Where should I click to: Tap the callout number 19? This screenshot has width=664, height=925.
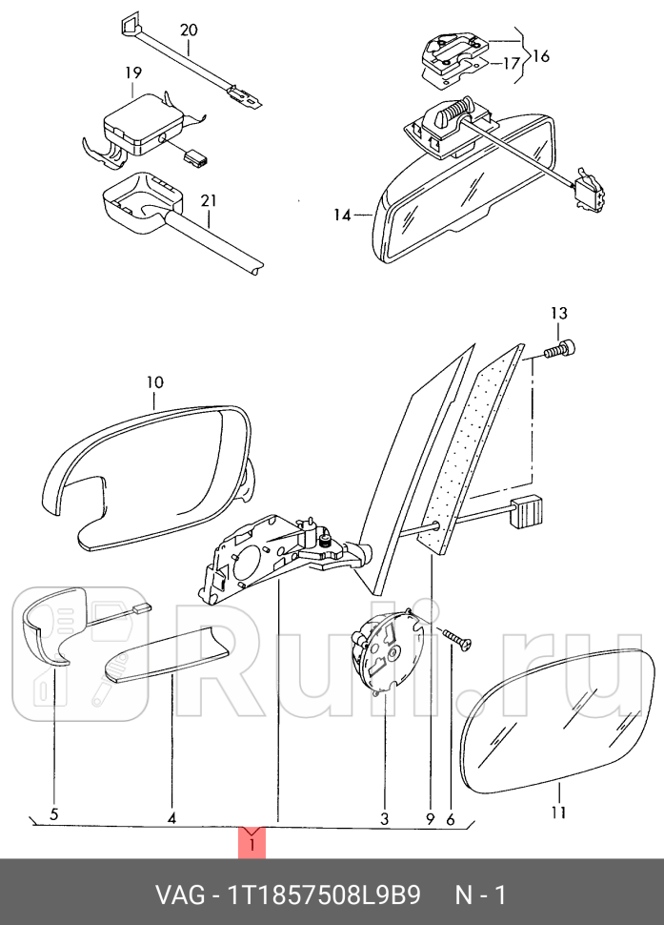[x=132, y=72]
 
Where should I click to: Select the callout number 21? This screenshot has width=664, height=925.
[x=209, y=200]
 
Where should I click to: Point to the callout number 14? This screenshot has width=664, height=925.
[x=342, y=216]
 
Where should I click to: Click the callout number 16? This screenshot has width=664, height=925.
[x=540, y=56]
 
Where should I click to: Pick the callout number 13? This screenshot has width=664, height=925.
[x=558, y=313]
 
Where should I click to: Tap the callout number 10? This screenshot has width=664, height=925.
[x=154, y=382]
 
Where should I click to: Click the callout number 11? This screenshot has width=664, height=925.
[x=558, y=812]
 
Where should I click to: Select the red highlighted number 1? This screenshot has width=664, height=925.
[x=252, y=843]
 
